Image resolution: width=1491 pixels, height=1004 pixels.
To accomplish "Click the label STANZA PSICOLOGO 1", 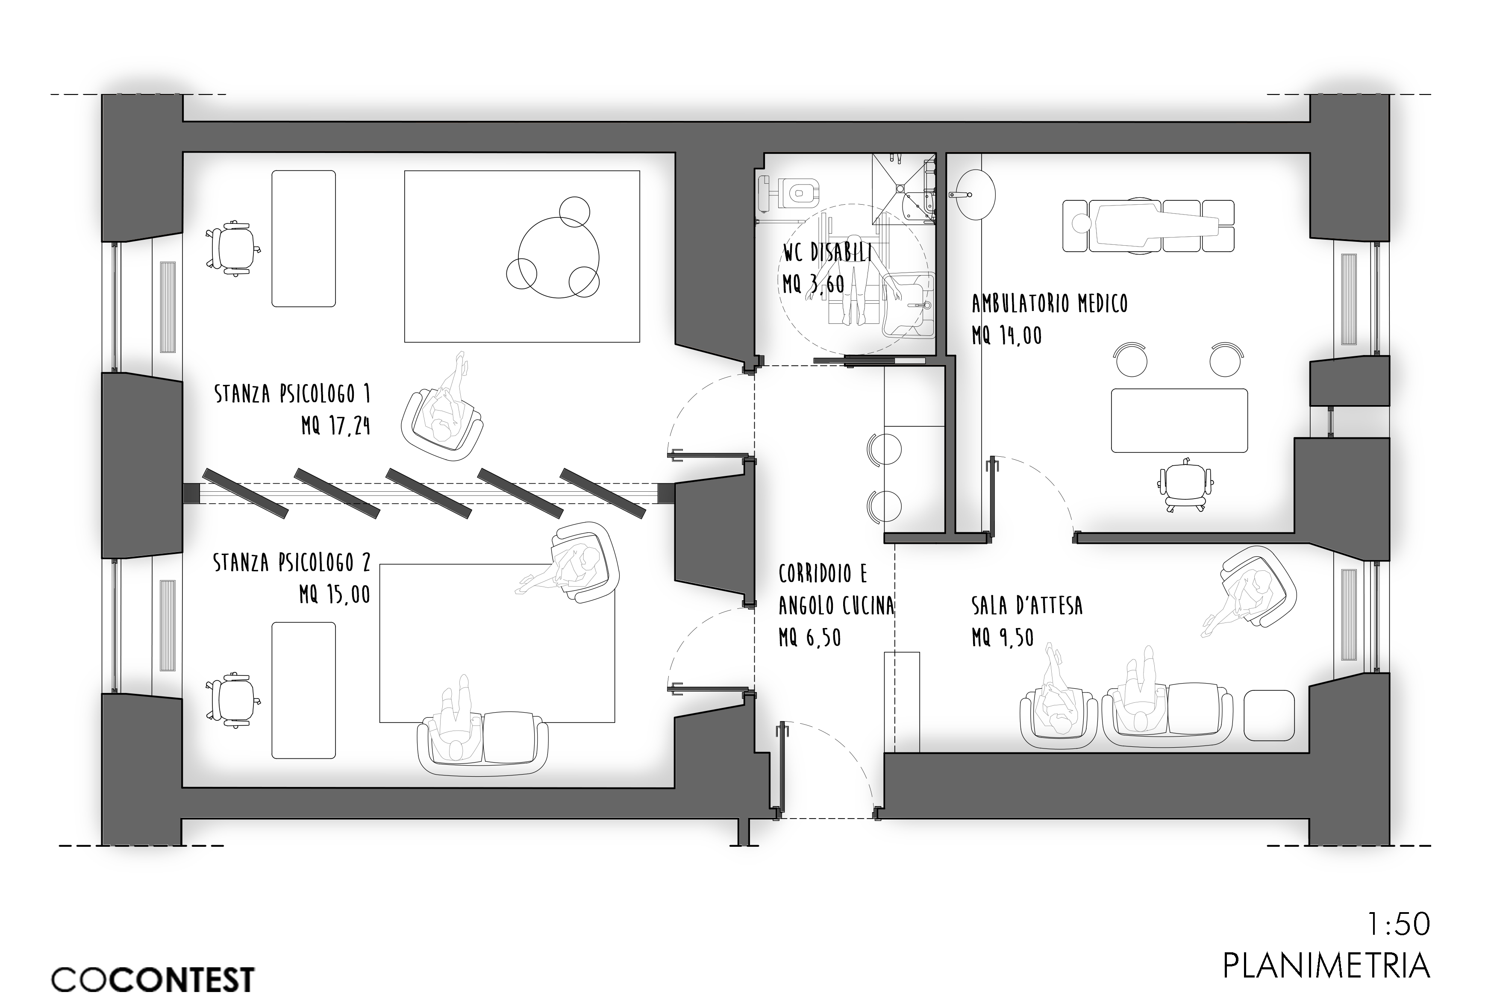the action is click(292, 394).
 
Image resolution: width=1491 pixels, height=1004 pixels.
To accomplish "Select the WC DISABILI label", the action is click(827, 252).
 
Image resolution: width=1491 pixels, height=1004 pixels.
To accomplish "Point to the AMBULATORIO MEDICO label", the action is click(1049, 303).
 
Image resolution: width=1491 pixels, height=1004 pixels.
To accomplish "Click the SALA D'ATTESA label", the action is click(1026, 605).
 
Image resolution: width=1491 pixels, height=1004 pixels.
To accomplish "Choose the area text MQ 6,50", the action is click(809, 638).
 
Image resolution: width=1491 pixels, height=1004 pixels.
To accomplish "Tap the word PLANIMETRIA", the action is click(1326, 983).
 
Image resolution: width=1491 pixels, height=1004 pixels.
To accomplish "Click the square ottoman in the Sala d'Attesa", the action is click(1268, 715).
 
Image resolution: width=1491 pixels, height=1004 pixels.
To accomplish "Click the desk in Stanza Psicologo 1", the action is click(303, 238).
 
